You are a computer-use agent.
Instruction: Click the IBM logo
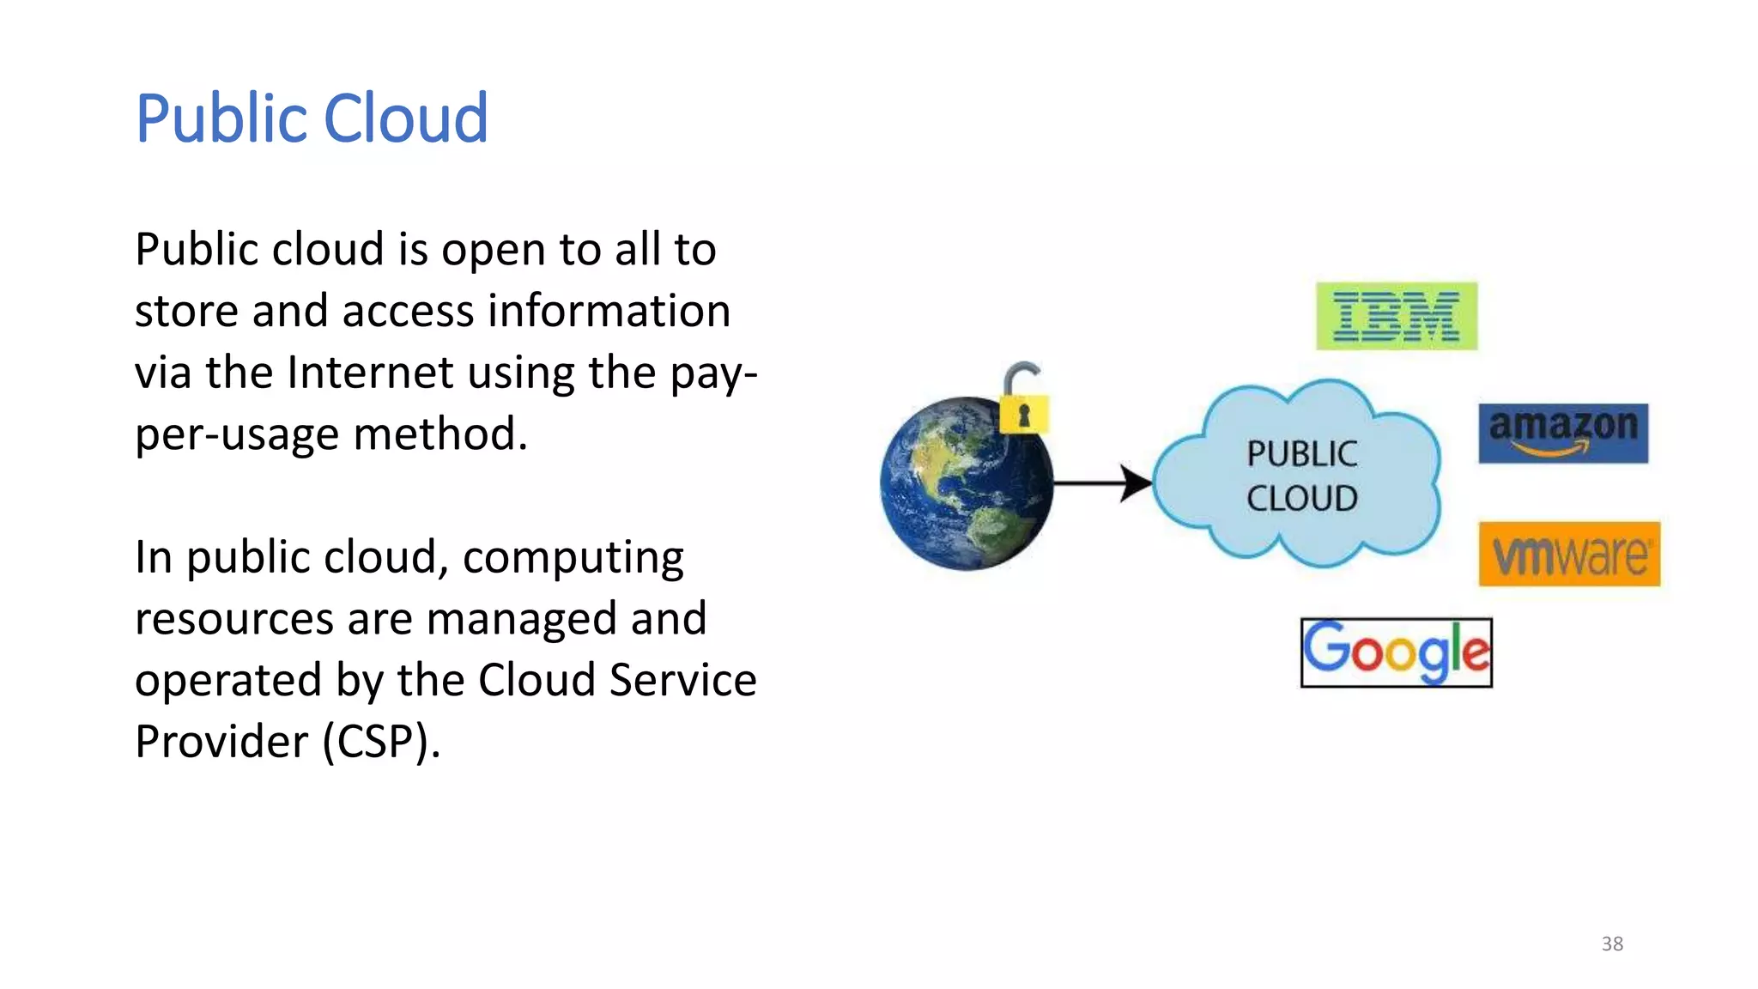tap(1397, 316)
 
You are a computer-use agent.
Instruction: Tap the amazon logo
tap(1562, 433)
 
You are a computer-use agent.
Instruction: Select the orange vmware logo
tap(1569, 555)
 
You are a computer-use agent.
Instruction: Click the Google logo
tap(1397, 652)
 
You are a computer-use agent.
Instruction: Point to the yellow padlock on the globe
tap(1023, 413)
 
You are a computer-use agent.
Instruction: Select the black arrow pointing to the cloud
tap(1103, 483)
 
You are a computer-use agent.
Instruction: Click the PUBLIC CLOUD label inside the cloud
tap(1301, 476)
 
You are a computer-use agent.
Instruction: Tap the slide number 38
tap(1612, 943)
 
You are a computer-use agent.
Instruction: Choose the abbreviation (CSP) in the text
tap(381, 741)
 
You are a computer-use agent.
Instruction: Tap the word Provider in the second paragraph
tap(221, 741)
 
